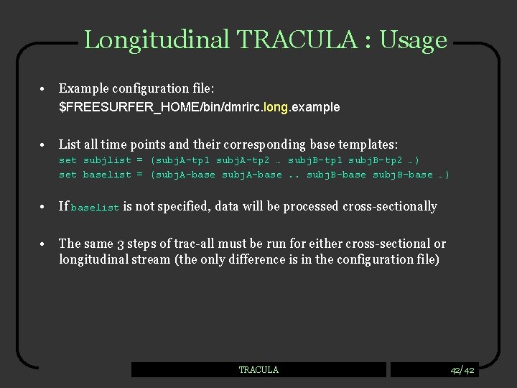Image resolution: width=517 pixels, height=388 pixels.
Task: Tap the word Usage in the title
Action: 414,40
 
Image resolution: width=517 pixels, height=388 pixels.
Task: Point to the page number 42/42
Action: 462,370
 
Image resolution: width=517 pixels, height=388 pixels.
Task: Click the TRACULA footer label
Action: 258,370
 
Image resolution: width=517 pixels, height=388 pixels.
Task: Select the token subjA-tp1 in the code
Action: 181,160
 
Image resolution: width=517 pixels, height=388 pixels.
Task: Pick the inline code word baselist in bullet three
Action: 96,208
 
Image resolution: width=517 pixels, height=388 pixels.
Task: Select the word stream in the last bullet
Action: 151,259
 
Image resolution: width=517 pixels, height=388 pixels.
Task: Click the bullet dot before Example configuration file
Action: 45,88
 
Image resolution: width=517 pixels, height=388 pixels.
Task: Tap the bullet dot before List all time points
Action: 45,144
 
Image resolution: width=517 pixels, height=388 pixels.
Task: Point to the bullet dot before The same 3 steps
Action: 45,244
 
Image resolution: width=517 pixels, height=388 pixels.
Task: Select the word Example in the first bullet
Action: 82,88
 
